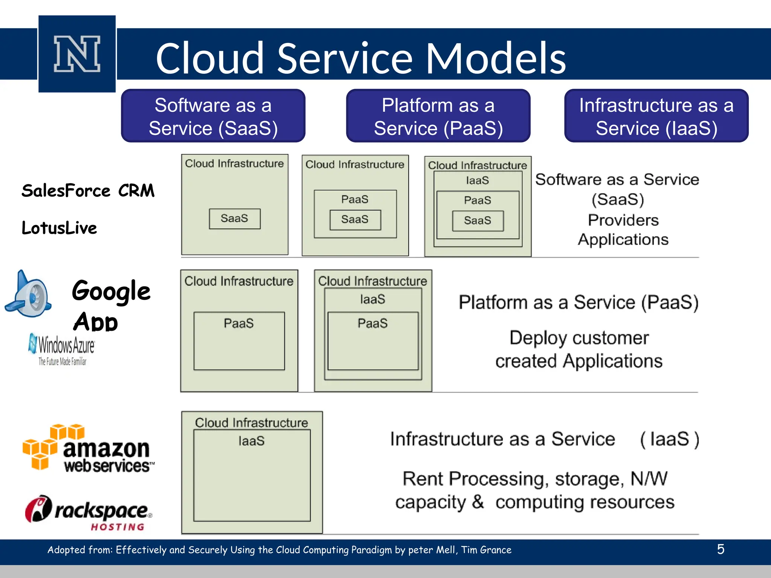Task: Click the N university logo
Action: [77, 54]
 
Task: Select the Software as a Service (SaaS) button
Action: [213, 116]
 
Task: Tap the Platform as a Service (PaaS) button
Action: [438, 116]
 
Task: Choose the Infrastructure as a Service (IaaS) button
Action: [656, 116]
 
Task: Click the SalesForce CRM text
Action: [88, 191]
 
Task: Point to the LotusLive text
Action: [59, 228]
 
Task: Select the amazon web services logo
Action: [89, 449]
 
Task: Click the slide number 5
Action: [721, 549]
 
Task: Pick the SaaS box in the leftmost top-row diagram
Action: [235, 219]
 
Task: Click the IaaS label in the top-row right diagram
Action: [477, 181]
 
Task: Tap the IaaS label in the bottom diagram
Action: [251, 441]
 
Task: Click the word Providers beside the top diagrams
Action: [623, 220]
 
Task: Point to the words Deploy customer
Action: [579, 338]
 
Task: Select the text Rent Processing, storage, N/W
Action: [535, 479]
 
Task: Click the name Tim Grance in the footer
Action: [486, 550]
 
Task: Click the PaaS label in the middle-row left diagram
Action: [239, 323]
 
